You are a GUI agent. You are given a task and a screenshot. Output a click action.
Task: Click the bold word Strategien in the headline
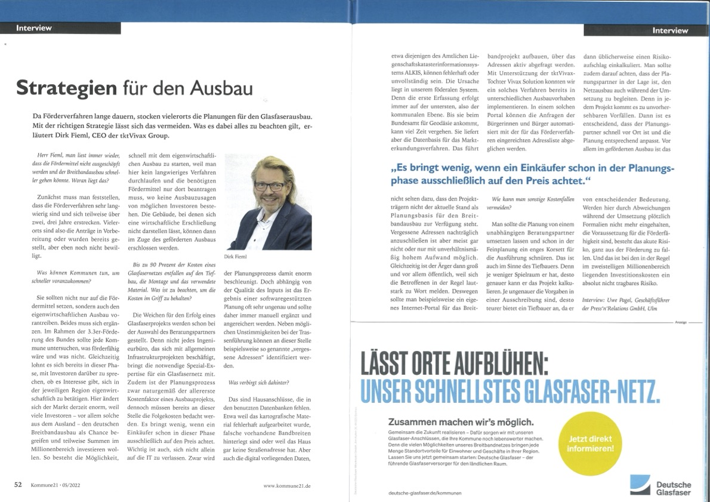(66, 87)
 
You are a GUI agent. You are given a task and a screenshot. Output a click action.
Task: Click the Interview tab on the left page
(34, 27)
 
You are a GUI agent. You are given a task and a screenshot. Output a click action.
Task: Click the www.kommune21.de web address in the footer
(287, 486)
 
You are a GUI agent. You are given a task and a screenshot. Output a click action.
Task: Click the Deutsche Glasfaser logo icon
(640, 484)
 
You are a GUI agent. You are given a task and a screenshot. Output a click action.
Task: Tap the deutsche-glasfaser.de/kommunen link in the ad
(424, 493)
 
